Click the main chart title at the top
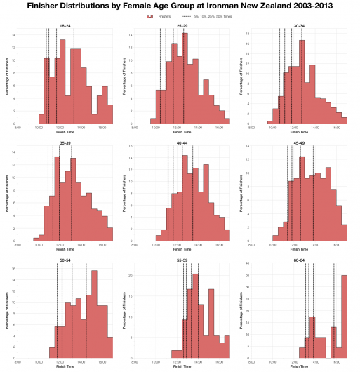[180, 6]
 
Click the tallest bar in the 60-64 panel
[344, 316]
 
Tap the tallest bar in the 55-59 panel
[196, 316]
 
